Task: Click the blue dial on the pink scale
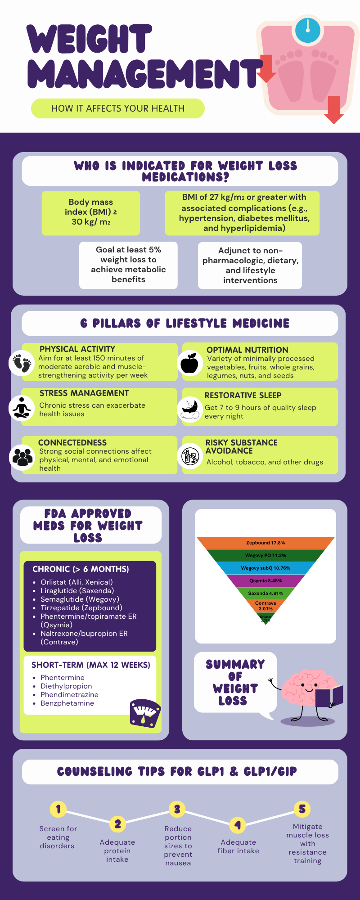308,30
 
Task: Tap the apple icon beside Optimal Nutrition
189,363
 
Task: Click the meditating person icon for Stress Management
21,408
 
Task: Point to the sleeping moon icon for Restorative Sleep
190,409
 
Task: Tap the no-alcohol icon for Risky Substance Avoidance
190,456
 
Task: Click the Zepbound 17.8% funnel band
265,543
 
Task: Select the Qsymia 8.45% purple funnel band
265,580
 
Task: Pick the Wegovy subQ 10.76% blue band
265,568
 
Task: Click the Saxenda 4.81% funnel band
265,593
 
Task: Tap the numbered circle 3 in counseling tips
177,809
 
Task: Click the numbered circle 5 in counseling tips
302,809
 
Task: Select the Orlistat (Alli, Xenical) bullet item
76,582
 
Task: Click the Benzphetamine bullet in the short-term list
67,703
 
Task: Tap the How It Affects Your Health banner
118,108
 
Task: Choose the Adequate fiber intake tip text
238,846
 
